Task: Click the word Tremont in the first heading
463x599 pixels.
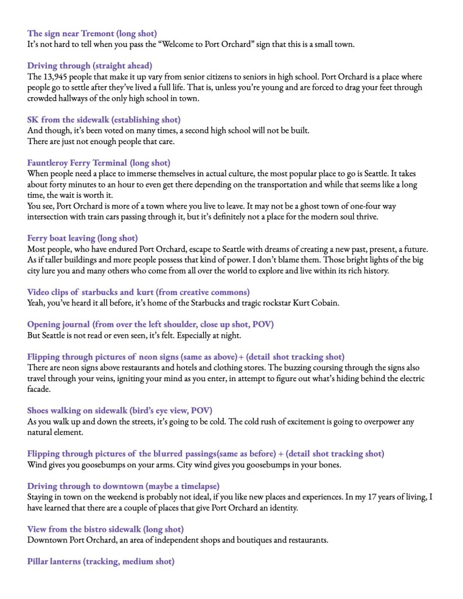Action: tap(98, 33)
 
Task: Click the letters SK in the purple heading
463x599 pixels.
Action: tap(33, 119)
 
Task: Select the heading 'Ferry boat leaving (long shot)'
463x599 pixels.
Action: tap(83, 238)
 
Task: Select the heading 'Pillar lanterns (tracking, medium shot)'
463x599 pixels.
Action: tap(101, 562)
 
